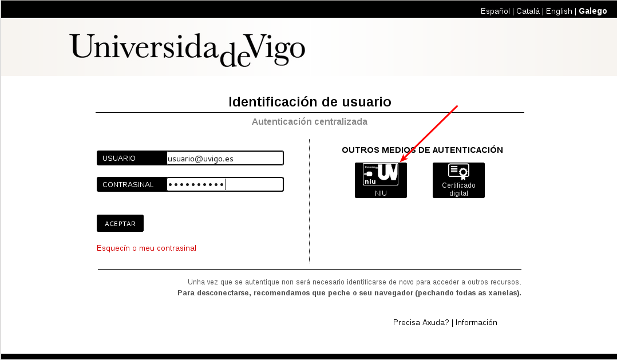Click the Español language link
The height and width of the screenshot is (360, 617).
click(495, 11)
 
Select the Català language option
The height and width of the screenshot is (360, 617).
click(528, 11)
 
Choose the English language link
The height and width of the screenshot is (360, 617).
click(559, 11)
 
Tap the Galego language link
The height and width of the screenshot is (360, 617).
click(592, 11)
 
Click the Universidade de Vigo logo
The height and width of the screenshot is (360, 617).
click(187, 50)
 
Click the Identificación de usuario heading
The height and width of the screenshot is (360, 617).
click(310, 102)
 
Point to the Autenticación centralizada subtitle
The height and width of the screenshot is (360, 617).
click(310, 121)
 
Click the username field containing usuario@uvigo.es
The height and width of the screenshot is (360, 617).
click(225, 158)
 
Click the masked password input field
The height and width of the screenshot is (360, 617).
click(225, 184)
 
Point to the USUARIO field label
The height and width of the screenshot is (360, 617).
click(119, 158)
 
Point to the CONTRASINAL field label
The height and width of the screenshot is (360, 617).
click(128, 184)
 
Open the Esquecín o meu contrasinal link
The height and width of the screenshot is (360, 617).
click(147, 248)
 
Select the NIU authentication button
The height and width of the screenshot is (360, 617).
click(381, 180)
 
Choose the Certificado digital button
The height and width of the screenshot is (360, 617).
click(458, 180)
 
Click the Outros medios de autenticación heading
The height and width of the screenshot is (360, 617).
click(422, 150)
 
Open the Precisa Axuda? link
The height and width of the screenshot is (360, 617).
click(421, 323)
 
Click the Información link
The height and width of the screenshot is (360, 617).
click(476, 323)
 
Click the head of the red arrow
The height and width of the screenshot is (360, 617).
click(401, 160)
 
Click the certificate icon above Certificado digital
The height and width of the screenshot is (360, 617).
click(459, 172)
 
